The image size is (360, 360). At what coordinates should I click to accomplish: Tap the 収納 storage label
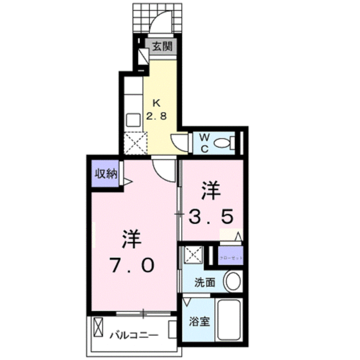(105, 173)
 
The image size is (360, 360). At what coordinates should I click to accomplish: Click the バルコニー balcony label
(133, 335)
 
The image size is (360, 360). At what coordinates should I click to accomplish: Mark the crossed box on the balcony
(99, 327)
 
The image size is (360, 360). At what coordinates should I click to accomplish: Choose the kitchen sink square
(134, 120)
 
